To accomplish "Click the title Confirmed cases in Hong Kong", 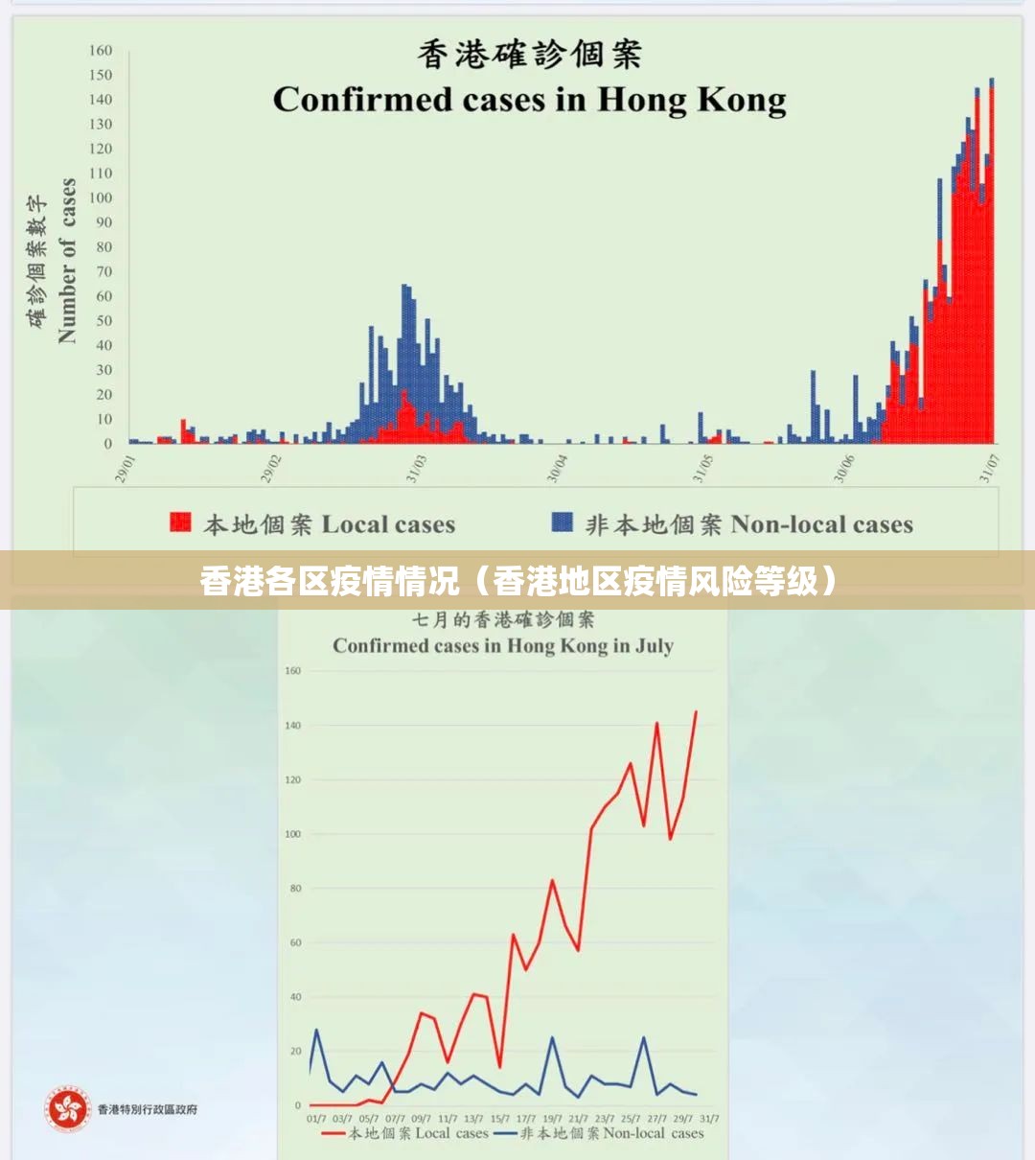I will coord(529,100).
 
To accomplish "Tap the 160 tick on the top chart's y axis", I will coord(101,50).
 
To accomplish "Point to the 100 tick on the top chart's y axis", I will coord(101,197).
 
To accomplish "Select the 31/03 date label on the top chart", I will coord(416,469).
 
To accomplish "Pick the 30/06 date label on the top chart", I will coord(844,469).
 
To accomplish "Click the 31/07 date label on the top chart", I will coord(989,469).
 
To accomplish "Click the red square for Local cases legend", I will coord(180,522).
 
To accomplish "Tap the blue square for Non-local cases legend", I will coord(563,522).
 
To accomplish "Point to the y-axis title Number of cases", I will coord(66,261).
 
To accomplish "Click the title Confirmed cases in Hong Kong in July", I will coord(503,645).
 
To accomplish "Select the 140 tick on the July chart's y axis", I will coord(292,726).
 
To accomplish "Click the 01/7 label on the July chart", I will coord(316,1119).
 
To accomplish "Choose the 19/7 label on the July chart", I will coord(552,1119).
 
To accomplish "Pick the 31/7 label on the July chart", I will coord(709,1119).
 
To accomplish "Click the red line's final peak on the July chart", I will coord(696,711).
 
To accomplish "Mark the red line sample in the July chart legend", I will coord(333,1133).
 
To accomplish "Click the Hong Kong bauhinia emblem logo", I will coord(69,1110).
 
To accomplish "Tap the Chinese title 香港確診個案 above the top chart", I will coord(529,54).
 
